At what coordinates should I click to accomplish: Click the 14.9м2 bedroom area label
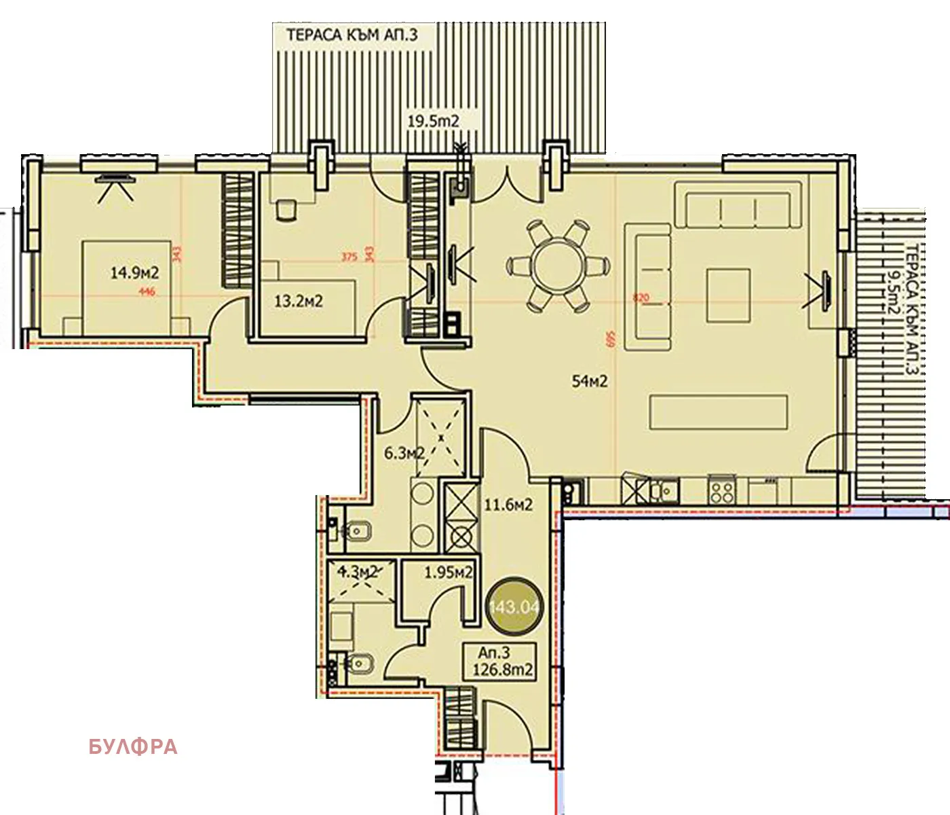point(134,274)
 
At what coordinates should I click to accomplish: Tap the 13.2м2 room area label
point(299,301)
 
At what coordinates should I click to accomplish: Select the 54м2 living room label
point(590,382)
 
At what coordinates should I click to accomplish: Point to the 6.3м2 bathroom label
point(404,453)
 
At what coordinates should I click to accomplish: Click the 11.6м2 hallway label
point(508,505)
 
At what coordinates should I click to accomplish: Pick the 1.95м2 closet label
point(448,573)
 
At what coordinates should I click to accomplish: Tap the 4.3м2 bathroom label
point(357,573)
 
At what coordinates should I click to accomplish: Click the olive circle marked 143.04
point(513,606)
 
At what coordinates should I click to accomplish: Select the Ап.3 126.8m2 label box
point(505,662)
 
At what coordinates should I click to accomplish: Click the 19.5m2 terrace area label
point(434,122)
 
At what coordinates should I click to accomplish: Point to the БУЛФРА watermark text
point(133,747)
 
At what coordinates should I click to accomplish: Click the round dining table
point(556,266)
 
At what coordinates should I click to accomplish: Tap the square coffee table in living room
point(728,295)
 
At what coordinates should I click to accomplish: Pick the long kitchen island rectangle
point(719,412)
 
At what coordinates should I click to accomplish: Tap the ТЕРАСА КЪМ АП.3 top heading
point(352,35)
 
